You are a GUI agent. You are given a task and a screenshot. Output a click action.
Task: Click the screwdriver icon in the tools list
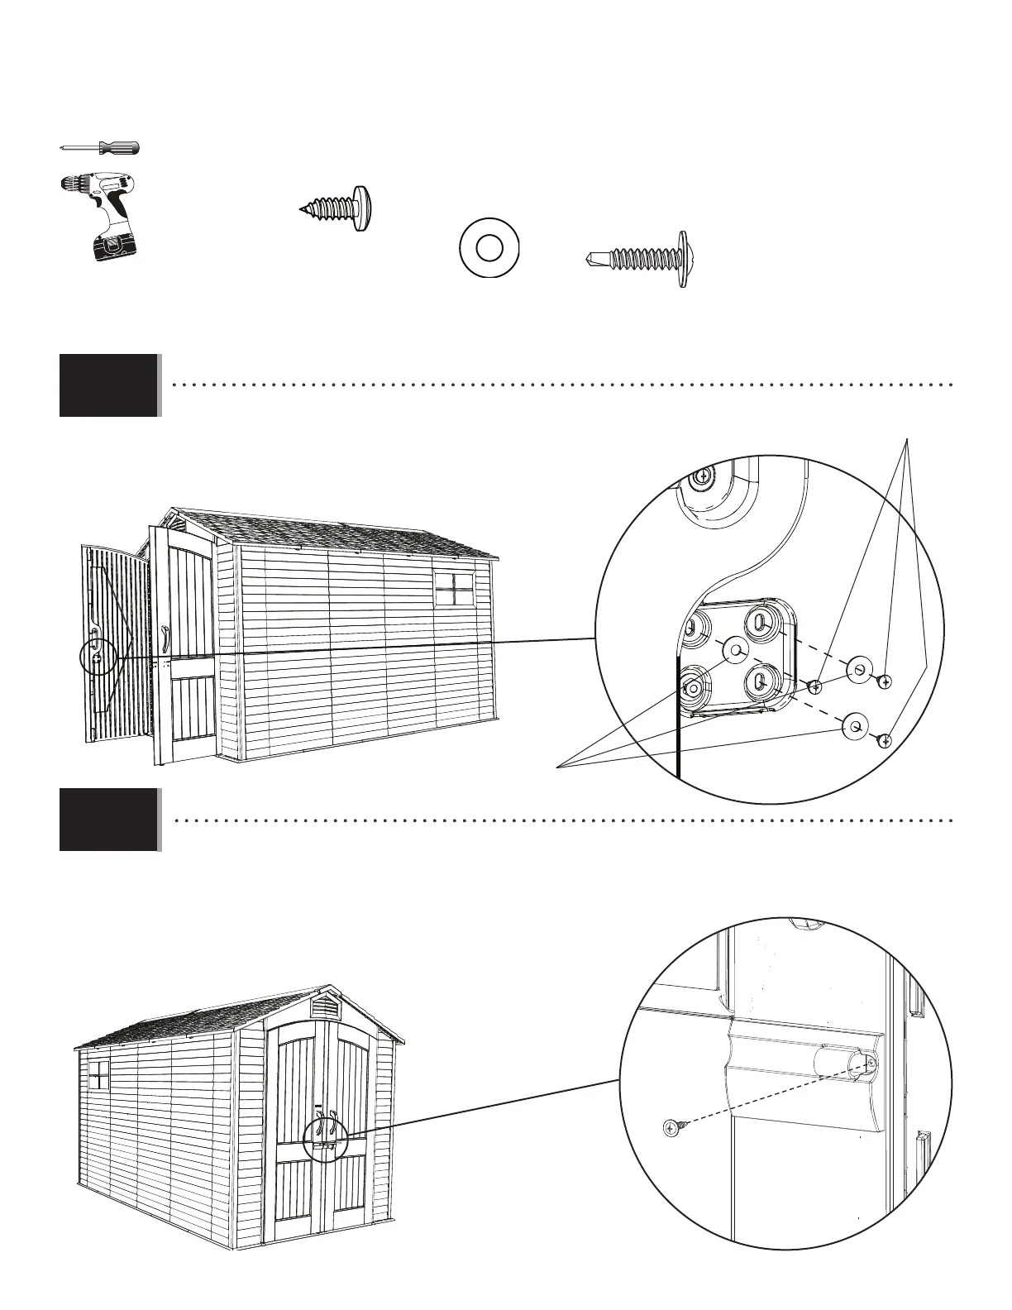100,148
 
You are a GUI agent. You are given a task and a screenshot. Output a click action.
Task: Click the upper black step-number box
108,385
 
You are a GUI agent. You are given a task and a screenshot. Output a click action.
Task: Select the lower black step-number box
108,820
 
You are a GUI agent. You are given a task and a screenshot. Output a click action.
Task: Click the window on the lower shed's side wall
98,1076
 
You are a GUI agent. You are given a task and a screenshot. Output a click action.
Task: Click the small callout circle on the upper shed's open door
98,657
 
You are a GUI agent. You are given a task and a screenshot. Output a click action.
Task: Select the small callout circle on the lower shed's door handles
324,1139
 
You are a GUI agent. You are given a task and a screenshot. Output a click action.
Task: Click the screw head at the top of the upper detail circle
702,476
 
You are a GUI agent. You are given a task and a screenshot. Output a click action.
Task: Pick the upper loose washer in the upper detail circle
860,669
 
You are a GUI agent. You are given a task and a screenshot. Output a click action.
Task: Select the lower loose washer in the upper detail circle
854,727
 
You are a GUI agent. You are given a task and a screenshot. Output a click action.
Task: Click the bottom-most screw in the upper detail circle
884,740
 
